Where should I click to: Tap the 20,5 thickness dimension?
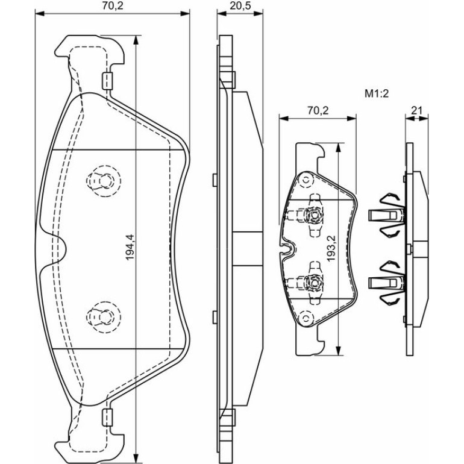(x=240, y=5)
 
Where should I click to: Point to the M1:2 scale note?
(x=376, y=94)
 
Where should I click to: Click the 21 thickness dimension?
(x=416, y=110)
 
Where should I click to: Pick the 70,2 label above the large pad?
(x=113, y=5)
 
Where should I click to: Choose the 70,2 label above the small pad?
(x=318, y=110)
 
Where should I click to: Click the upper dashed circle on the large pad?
(x=104, y=181)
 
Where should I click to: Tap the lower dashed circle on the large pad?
(x=104, y=317)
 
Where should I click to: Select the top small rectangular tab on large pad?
(x=107, y=81)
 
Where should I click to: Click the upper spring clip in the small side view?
(x=386, y=215)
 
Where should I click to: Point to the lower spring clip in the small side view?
(x=386, y=283)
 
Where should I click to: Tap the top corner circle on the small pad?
(x=306, y=180)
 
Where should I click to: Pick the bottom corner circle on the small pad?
(x=306, y=318)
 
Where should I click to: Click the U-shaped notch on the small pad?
(x=286, y=249)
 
